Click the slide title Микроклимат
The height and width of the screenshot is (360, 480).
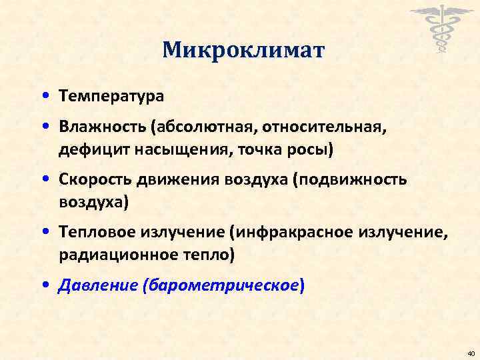coord(243,49)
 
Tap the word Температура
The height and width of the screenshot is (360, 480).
coord(111,96)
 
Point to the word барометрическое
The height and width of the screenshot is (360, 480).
coord(224,285)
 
